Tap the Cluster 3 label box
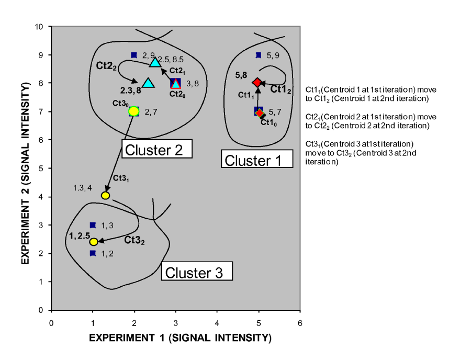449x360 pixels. [195, 272]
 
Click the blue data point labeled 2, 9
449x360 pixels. [134, 55]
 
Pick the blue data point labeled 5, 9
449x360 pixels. [259, 55]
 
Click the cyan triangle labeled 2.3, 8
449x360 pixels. [148, 83]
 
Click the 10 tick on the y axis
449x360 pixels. [43, 27]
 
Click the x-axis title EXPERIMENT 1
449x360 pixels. [180, 338]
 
